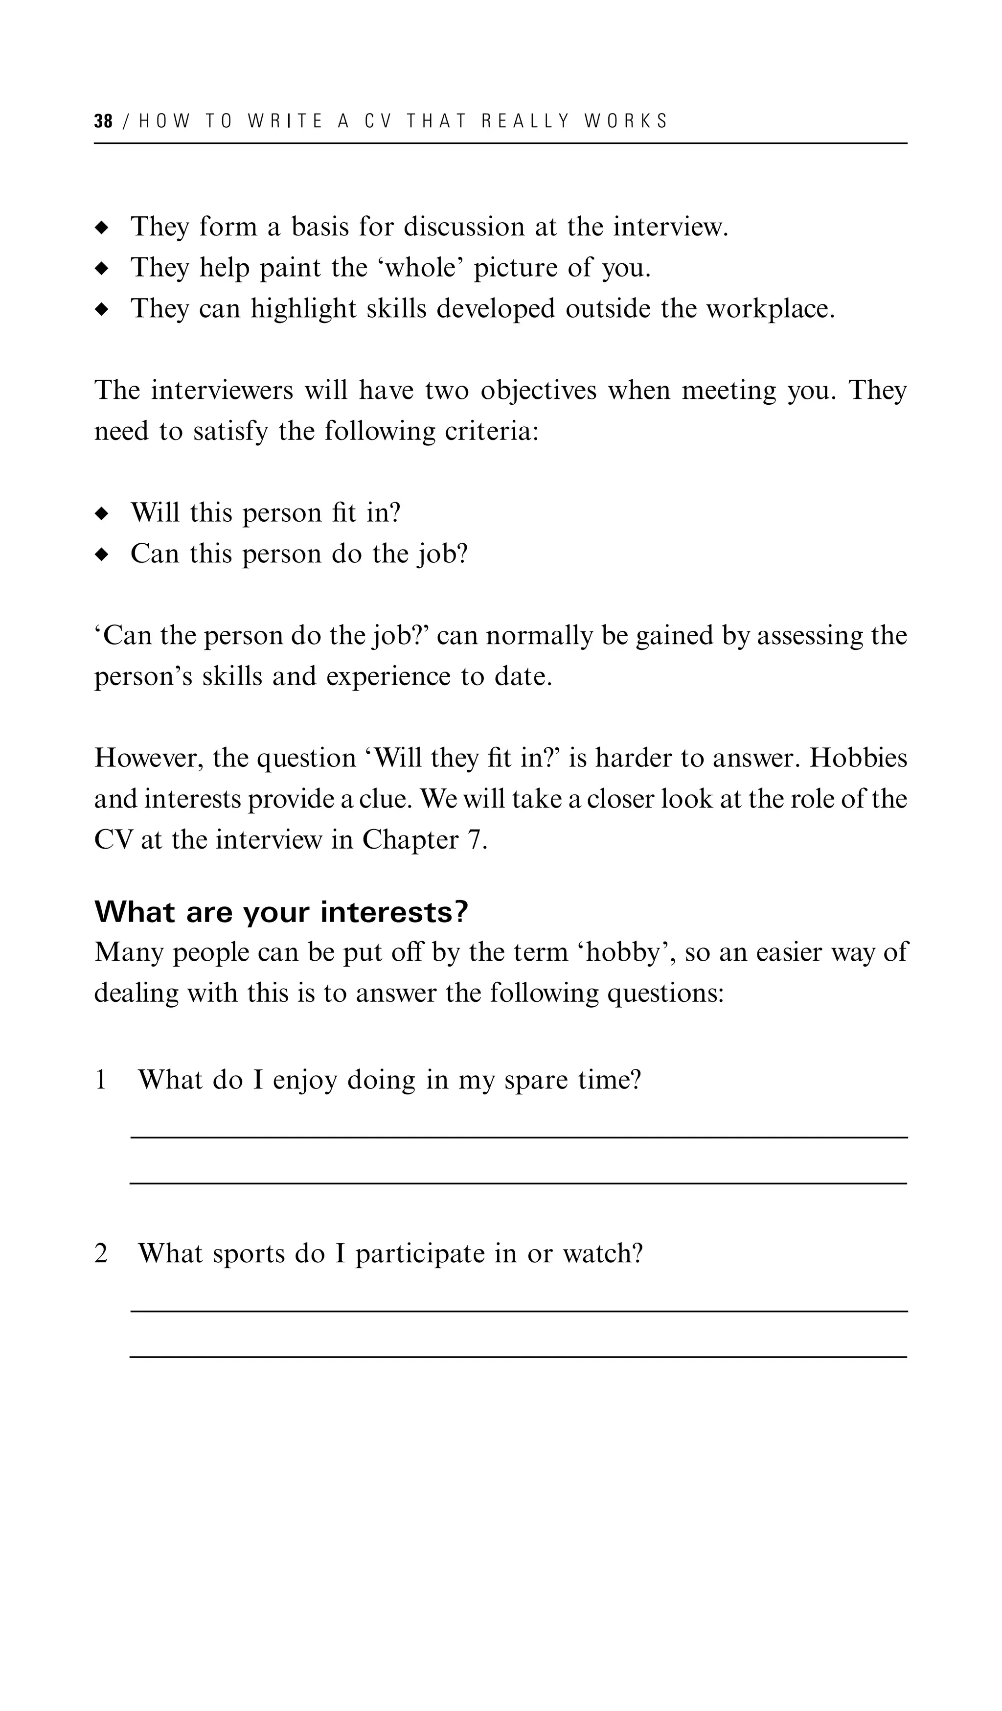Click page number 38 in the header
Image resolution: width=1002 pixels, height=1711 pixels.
click(103, 121)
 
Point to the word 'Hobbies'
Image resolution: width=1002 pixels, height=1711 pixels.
click(858, 759)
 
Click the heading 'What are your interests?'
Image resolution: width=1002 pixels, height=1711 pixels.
click(281, 912)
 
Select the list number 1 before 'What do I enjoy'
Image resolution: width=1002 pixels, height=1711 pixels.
click(100, 1080)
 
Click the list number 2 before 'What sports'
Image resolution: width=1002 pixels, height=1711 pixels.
click(100, 1253)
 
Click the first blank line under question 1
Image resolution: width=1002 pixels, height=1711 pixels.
click(519, 1138)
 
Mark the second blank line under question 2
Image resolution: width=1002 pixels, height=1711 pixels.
click(519, 1357)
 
